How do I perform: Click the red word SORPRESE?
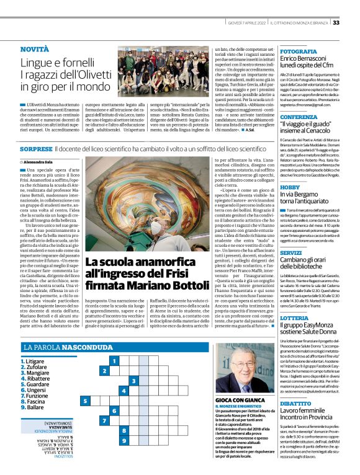[36, 149]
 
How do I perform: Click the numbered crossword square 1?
[112, 360]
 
